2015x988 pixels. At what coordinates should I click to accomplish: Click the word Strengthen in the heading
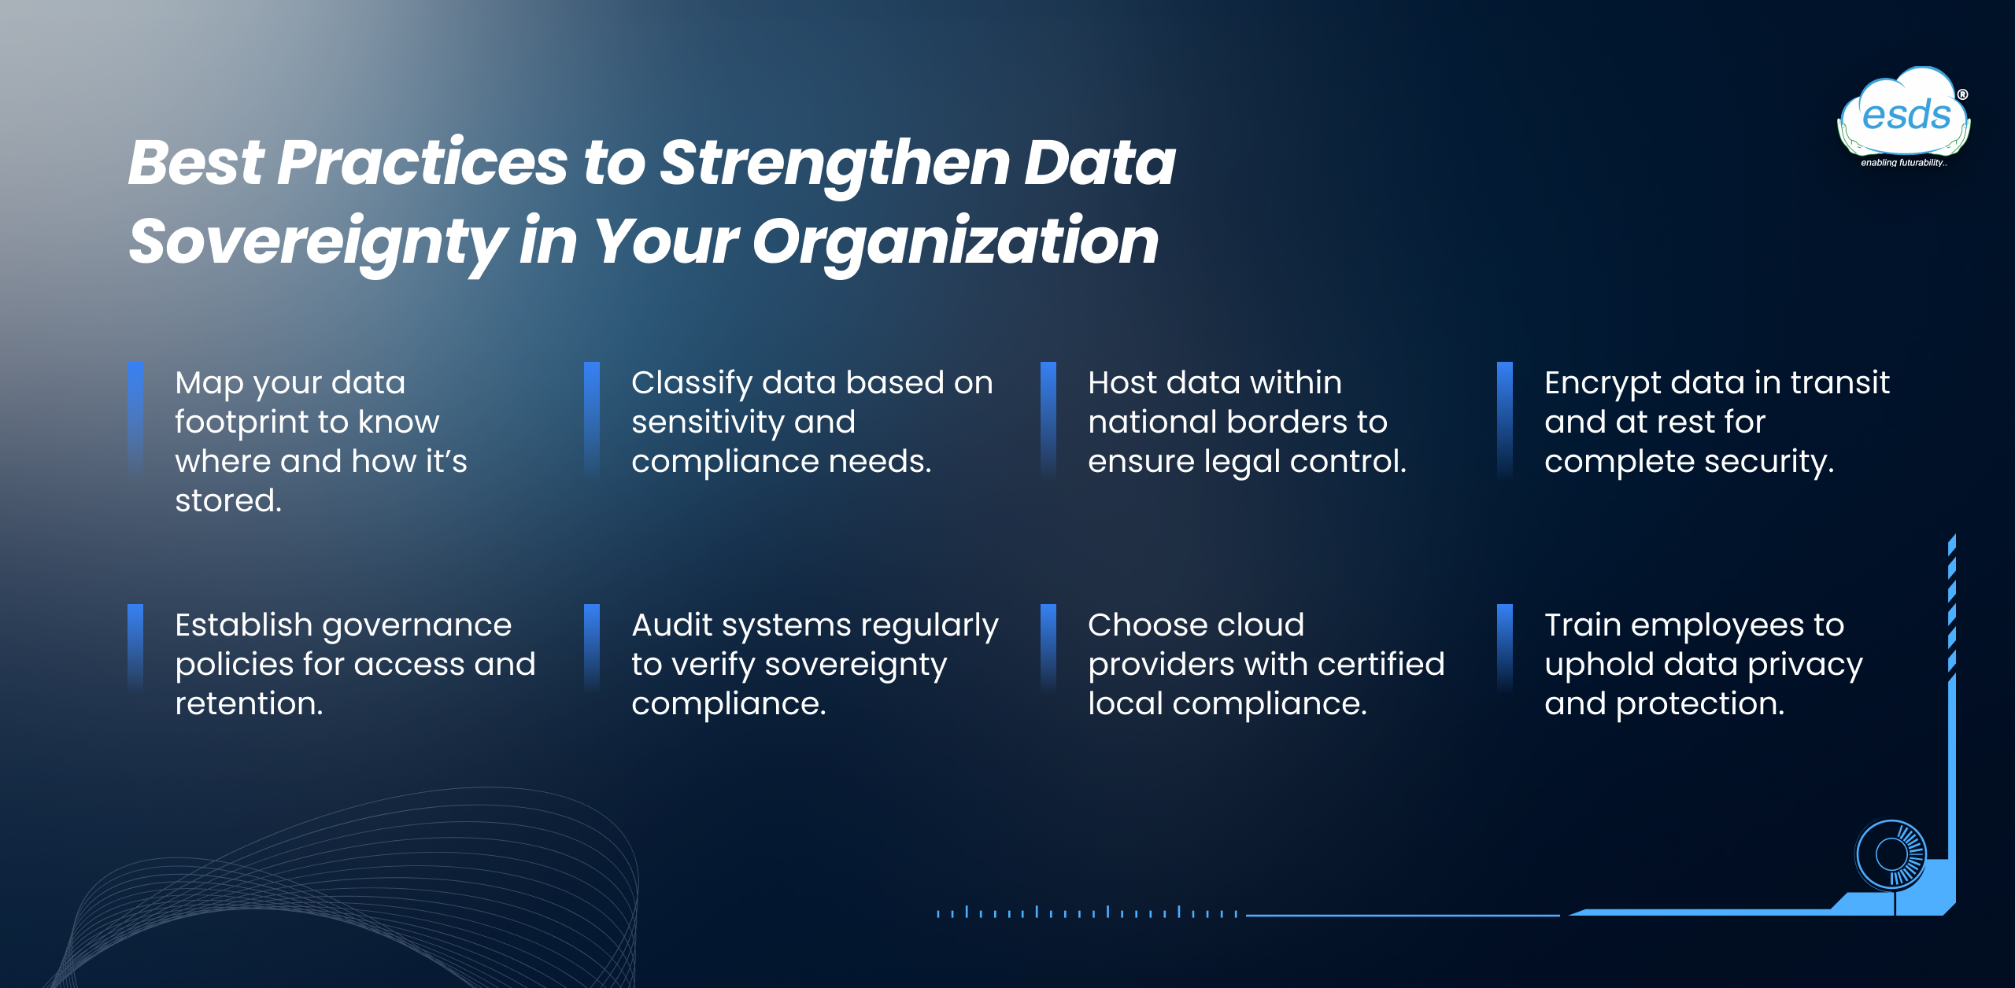click(834, 163)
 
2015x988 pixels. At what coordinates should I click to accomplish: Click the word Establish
click(243, 625)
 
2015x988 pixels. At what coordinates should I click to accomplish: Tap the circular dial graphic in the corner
click(1891, 854)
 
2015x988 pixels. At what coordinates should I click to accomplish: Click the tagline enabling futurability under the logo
click(1903, 163)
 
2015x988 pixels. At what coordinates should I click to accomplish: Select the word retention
click(249, 704)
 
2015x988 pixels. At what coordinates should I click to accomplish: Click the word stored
click(228, 501)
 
